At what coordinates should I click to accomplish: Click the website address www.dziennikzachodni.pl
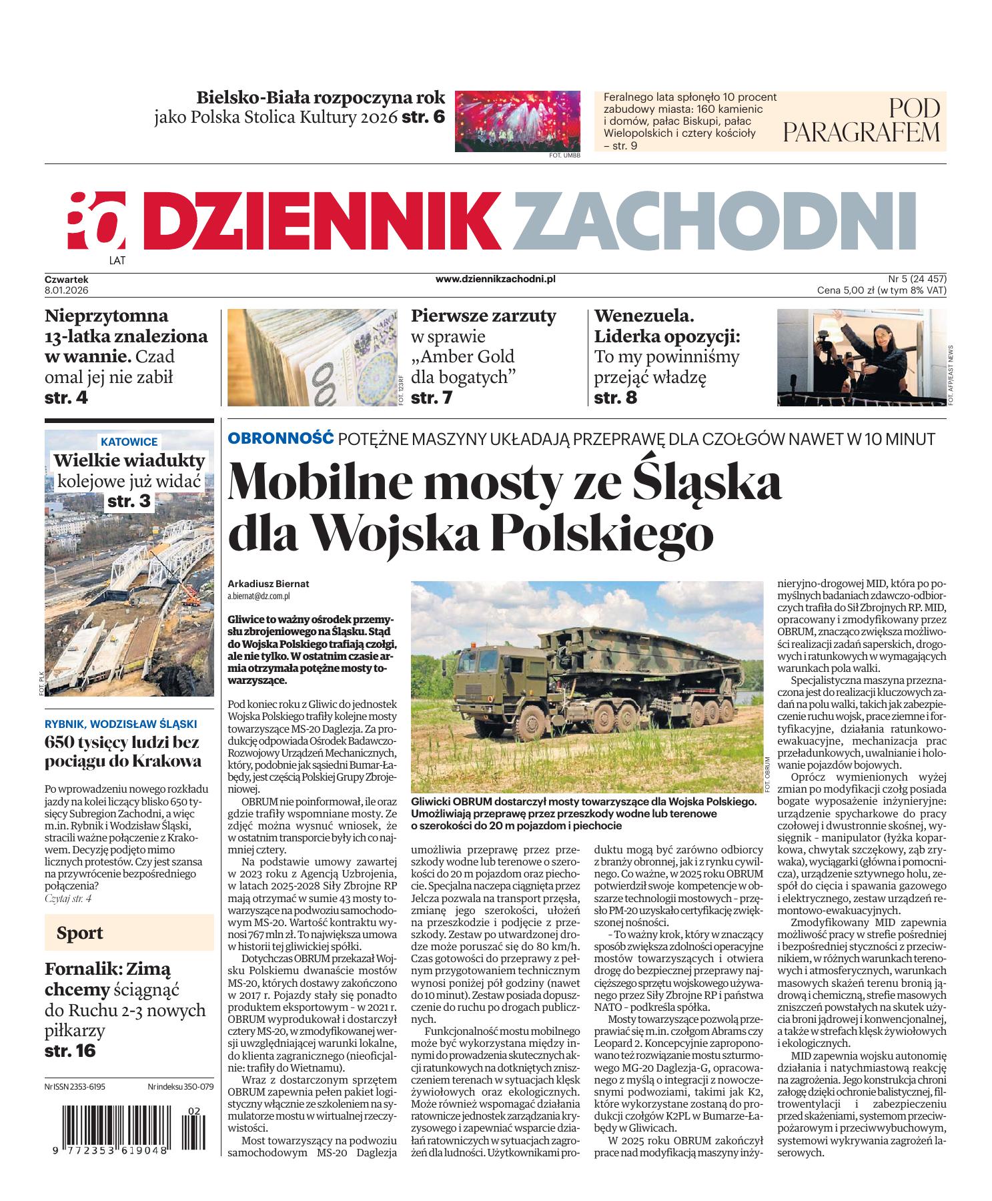[495, 280]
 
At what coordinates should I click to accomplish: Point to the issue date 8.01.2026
[67, 290]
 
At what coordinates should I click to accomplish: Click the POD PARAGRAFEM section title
[861, 121]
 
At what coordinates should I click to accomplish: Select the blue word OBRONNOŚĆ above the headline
[280, 438]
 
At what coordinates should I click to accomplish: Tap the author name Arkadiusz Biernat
[269, 583]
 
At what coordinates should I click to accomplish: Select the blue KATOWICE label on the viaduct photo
[129, 442]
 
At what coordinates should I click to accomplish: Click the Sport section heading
[80, 932]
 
